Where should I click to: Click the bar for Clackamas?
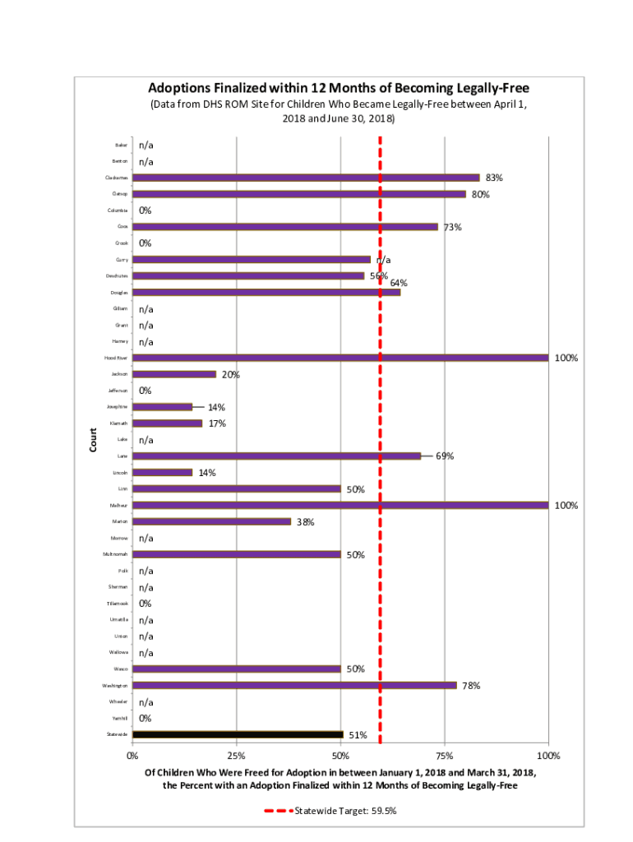[x=305, y=178]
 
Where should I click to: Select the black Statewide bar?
[x=238, y=734]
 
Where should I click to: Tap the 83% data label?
[x=494, y=178]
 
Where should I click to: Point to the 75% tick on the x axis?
[x=445, y=756]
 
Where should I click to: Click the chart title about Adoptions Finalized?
[x=338, y=88]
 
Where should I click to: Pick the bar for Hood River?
[x=340, y=358]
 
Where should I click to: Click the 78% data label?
[x=471, y=685]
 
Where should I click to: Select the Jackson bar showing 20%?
[x=173, y=374]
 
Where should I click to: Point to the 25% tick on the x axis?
[x=236, y=756]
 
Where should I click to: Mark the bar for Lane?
[x=276, y=456]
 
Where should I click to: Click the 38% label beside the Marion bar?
[x=306, y=521]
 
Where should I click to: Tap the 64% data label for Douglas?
[x=399, y=283]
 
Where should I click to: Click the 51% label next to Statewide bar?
[x=358, y=735]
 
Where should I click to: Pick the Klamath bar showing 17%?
[x=167, y=423]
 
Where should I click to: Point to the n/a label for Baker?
[x=146, y=145]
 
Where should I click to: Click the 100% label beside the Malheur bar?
[x=566, y=506]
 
